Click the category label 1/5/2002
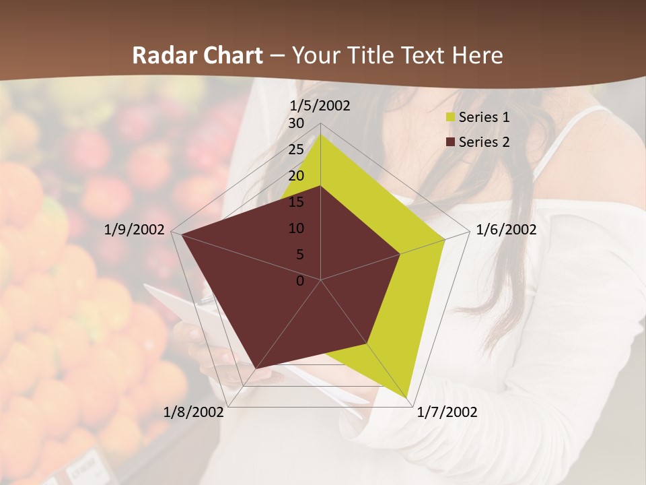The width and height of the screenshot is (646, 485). pyautogui.click(x=320, y=106)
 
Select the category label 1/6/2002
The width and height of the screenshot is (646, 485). pyautogui.click(x=506, y=230)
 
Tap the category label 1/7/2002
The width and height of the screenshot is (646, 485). pyautogui.click(x=447, y=412)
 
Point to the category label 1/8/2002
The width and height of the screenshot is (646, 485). pyautogui.click(x=194, y=412)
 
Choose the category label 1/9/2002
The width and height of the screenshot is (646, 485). pyautogui.click(x=135, y=230)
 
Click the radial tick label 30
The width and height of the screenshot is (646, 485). pyautogui.click(x=296, y=123)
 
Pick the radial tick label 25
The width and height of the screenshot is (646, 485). pyautogui.click(x=296, y=150)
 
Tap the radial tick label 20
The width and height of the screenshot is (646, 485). pyautogui.click(x=296, y=176)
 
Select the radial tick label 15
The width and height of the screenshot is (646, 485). pyautogui.click(x=296, y=202)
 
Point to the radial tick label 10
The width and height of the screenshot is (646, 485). pyautogui.click(x=296, y=228)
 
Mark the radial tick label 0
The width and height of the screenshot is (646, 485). pyautogui.click(x=300, y=281)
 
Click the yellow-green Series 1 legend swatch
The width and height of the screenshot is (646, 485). pyautogui.click(x=450, y=117)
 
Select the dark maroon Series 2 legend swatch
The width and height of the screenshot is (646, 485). pyautogui.click(x=450, y=142)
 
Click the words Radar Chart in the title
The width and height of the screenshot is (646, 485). pyautogui.click(x=197, y=56)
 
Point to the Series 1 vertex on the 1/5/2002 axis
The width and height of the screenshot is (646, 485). pyautogui.click(x=321, y=134)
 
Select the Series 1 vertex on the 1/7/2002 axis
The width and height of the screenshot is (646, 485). pyautogui.click(x=408, y=398)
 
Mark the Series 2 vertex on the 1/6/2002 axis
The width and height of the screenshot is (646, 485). pyautogui.click(x=400, y=254)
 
